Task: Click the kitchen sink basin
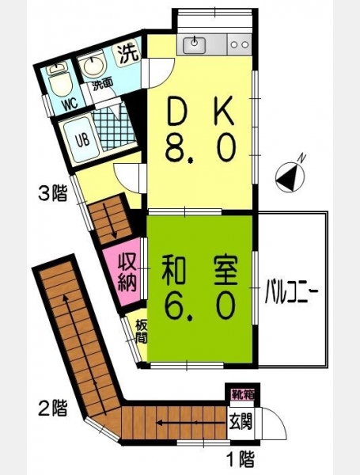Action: coord(194,44)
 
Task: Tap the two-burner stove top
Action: coord(239,44)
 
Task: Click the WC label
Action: coord(70,104)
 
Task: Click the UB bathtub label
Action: coord(82,141)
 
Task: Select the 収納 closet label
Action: coord(127,273)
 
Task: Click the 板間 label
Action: coord(141,331)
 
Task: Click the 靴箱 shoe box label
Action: coord(243,395)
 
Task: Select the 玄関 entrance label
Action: coord(241,422)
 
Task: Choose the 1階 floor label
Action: coord(241,458)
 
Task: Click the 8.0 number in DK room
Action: coord(200,149)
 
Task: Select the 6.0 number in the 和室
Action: coord(200,305)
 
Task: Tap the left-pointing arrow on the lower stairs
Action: coord(191,423)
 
